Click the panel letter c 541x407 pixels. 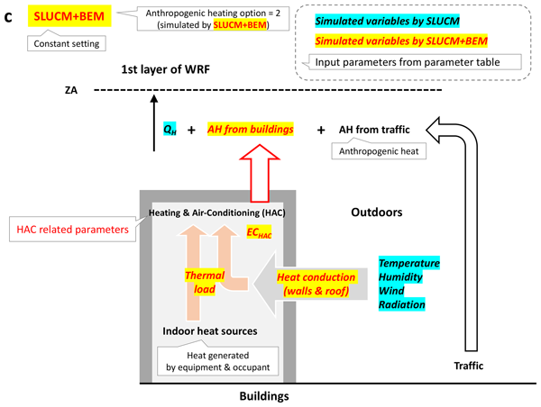pos(8,15)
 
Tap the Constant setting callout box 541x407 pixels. pos(66,41)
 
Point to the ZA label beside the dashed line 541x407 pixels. pos(72,90)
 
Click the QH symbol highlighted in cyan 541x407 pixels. pos(170,130)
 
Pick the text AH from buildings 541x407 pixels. pos(252,130)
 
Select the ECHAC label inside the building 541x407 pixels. pos(260,232)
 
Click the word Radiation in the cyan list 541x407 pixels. pos(402,305)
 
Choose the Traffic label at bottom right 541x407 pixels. pos(467,366)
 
